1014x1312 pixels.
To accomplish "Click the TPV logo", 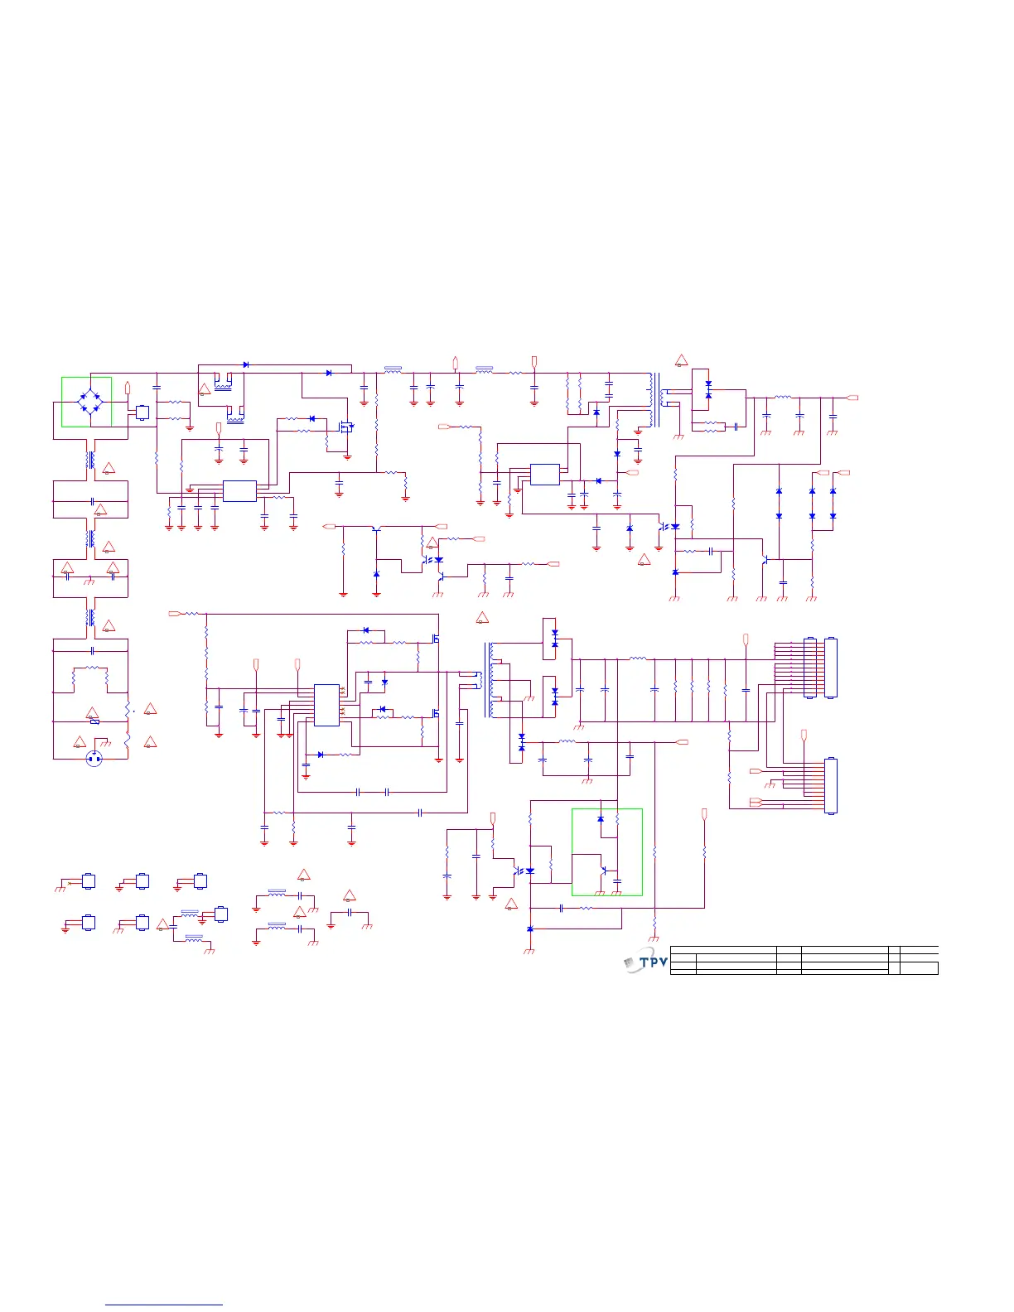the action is pos(645,962).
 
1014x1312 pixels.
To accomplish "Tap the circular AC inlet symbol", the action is pos(95,758).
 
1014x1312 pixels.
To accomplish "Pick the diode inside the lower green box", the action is pos(601,818).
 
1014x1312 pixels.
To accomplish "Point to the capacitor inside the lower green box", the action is pos(617,881).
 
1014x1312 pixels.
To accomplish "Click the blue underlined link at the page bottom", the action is pos(165,1305).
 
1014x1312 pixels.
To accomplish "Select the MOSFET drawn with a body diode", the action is pos(347,427).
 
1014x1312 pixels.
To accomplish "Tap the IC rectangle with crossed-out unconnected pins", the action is pos(326,705).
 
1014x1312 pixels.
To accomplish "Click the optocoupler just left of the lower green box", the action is pos(524,871).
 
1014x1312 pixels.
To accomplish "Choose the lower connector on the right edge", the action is pos(831,785).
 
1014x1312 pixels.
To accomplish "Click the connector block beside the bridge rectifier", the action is pos(142,412).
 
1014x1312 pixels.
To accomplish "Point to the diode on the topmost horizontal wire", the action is pos(246,364).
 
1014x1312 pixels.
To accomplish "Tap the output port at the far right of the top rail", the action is pos(852,398).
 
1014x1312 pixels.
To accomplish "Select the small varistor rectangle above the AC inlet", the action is pos(95,721).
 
